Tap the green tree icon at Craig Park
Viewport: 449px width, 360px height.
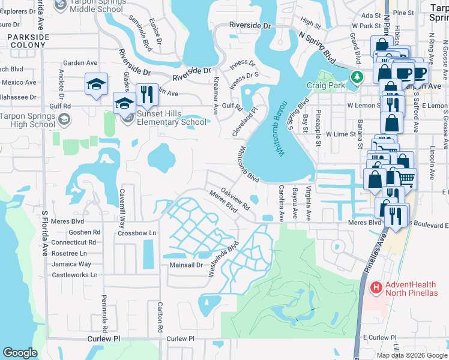[x=357, y=77]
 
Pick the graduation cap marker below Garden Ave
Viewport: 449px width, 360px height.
[x=95, y=84]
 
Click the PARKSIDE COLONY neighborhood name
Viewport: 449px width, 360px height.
[x=28, y=41]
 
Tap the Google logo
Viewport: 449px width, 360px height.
[x=20, y=353]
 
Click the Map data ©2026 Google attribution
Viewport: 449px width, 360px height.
[x=412, y=355]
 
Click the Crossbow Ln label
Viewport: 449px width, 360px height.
[x=137, y=233]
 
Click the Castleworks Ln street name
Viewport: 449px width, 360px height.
[x=74, y=275]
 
